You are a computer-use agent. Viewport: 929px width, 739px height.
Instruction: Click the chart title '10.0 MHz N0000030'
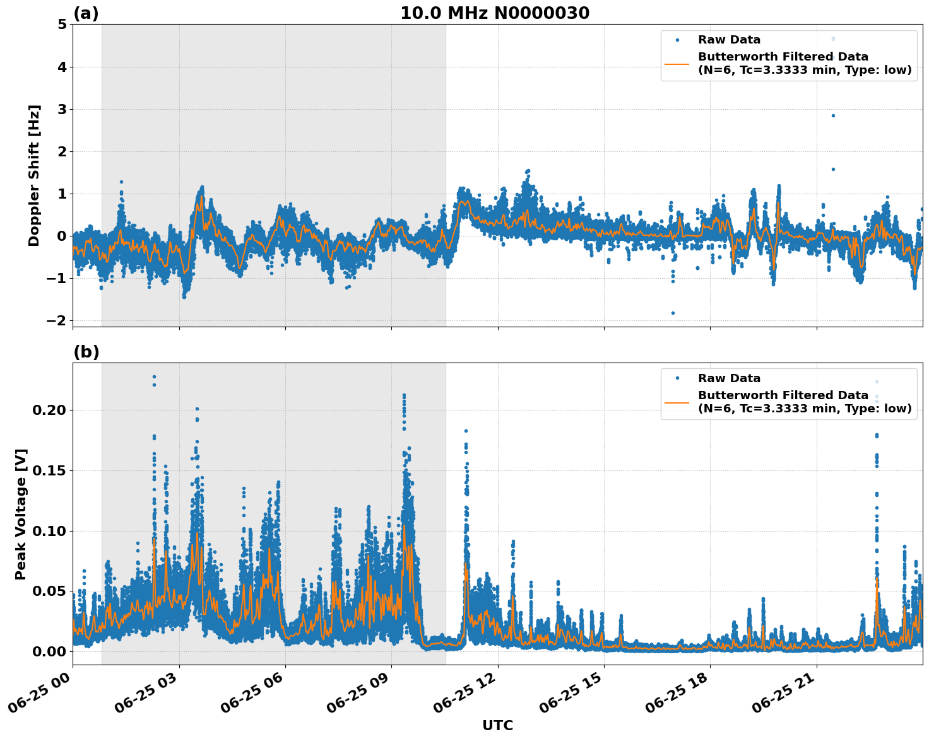(x=495, y=13)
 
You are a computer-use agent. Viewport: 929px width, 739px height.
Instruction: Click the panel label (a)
(x=86, y=13)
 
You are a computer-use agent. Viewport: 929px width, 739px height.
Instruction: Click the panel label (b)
(x=86, y=352)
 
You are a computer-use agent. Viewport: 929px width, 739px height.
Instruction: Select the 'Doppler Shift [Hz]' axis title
(x=34, y=175)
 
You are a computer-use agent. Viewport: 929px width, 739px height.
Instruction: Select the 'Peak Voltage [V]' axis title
(x=21, y=514)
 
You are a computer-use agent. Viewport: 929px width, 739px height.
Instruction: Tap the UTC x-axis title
(x=497, y=725)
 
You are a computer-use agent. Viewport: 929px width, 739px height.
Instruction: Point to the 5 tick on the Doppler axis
(x=62, y=25)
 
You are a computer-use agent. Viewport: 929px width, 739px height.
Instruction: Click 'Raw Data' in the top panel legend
(x=729, y=40)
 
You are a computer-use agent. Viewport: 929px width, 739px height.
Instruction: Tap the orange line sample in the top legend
(x=677, y=64)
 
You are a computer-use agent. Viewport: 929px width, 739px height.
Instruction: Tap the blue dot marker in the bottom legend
(x=677, y=378)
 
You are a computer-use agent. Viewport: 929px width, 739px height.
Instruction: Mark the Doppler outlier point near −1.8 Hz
(x=673, y=313)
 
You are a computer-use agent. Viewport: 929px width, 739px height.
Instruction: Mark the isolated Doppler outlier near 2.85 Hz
(x=833, y=115)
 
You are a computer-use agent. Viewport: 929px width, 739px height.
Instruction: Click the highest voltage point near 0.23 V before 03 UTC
(x=154, y=377)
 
